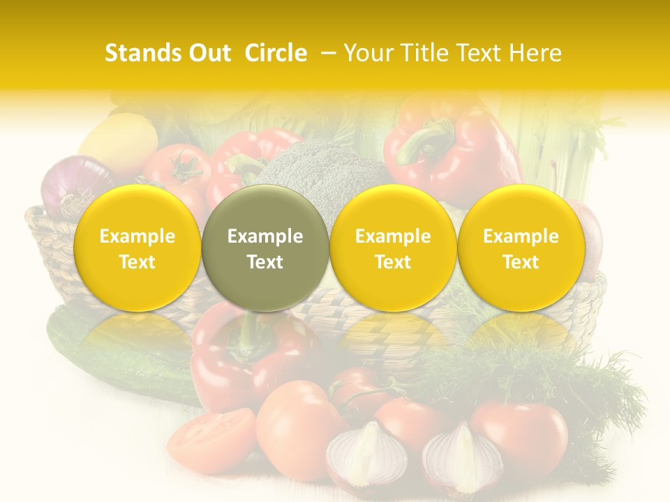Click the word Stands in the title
141,54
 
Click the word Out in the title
209,54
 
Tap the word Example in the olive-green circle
265,236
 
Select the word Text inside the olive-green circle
265,262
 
